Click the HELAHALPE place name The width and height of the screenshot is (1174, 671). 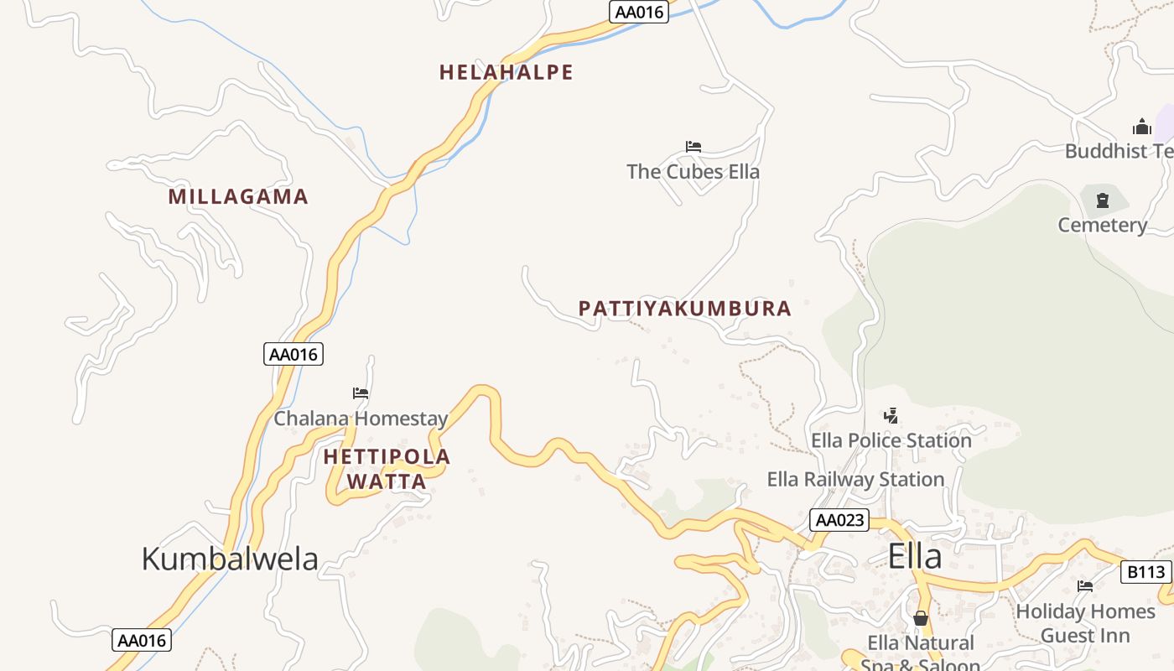[506, 72]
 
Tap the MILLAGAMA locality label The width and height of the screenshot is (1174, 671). [238, 197]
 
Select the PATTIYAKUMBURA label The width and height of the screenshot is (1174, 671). [684, 309]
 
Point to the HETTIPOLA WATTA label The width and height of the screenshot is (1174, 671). [387, 469]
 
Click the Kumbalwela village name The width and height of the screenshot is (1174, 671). [230, 559]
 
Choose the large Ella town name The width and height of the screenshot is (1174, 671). [915, 556]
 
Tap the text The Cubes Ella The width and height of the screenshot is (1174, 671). [693, 172]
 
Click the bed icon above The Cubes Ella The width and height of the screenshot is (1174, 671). [693, 147]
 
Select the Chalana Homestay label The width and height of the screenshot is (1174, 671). [361, 418]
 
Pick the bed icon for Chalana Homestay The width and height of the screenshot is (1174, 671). [361, 393]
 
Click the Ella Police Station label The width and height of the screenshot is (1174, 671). [891, 440]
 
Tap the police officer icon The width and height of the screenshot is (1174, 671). [891, 415]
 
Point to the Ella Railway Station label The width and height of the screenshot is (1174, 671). [855, 480]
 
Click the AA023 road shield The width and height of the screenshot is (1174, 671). [839, 520]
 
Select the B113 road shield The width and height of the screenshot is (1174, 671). [1145, 572]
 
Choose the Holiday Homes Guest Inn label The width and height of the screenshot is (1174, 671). [1085, 623]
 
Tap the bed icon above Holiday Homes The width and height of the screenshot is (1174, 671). [1085, 586]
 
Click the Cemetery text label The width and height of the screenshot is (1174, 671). [1102, 225]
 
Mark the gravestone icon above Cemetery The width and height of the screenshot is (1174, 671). [1102, 200]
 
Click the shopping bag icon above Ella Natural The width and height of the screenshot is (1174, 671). [921, 618]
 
